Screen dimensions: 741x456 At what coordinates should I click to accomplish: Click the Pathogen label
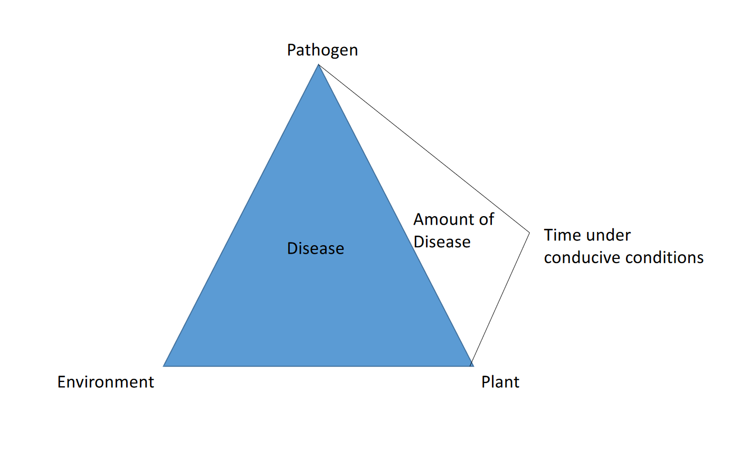322,51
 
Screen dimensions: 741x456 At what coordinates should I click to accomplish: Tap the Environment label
106,382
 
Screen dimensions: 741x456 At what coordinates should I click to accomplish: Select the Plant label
500,382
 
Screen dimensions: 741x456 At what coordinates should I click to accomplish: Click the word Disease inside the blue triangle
316,248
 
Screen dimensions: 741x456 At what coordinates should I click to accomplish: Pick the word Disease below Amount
442,242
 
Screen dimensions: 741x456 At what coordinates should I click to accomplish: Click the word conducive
582,258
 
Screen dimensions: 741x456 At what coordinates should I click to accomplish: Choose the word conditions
664,258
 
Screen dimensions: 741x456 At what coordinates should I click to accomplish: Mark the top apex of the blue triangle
318,64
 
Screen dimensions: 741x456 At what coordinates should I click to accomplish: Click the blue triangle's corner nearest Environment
164,366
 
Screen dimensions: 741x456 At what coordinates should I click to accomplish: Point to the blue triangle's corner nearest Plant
473,366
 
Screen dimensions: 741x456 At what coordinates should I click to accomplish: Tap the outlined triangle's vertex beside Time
529,233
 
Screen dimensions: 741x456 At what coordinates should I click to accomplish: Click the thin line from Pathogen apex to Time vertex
424,148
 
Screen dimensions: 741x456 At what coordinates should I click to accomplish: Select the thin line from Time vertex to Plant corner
500,300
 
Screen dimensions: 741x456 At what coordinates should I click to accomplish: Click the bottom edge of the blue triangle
318,366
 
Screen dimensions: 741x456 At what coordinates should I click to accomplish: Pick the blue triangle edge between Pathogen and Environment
241,215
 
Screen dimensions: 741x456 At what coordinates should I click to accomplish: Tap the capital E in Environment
62,381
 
